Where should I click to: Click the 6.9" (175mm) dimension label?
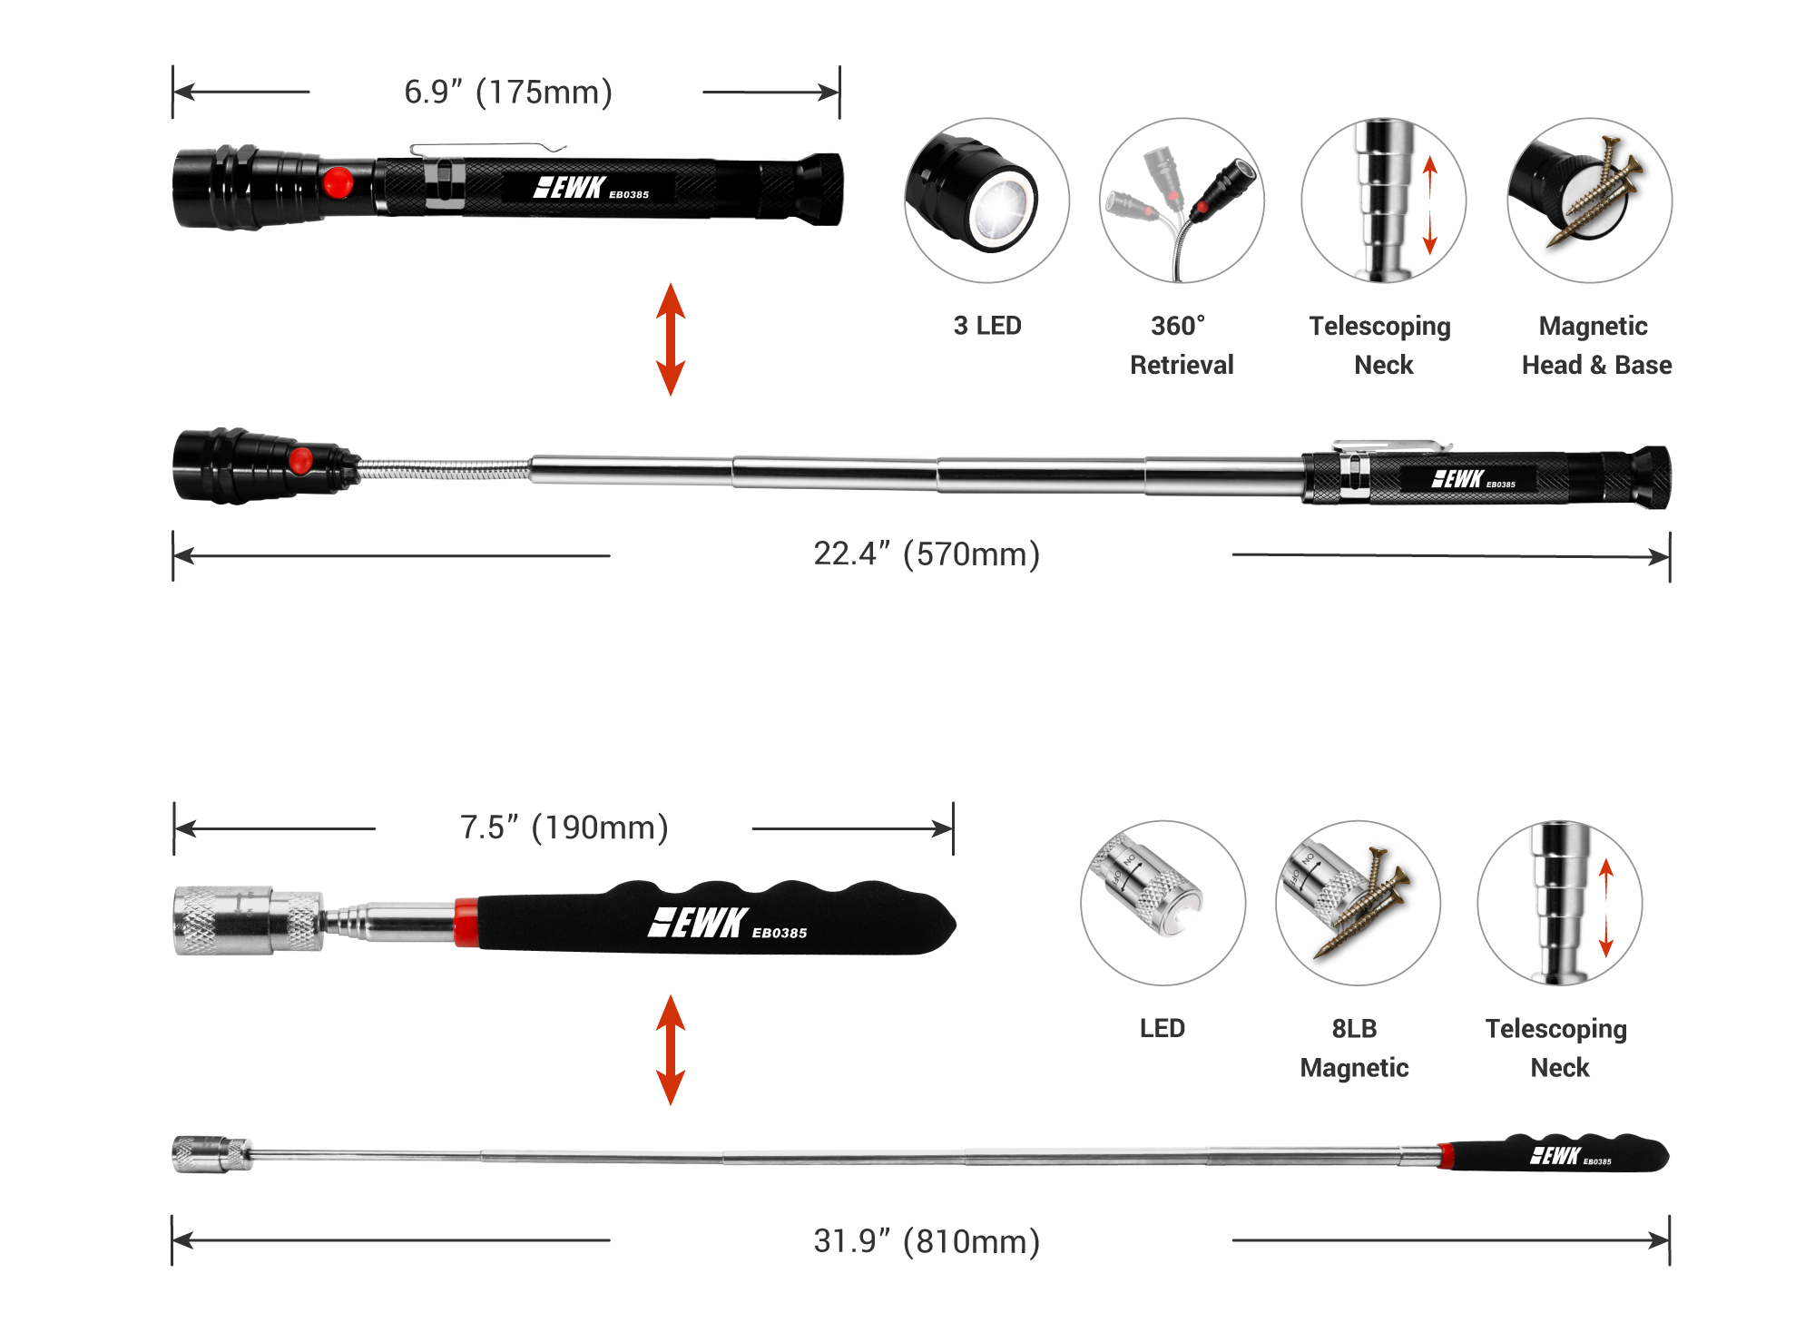point(507,92)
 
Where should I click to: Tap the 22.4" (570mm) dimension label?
point(926,553)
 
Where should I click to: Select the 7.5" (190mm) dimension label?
point(564,828)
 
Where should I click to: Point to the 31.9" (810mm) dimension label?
point(926,1240)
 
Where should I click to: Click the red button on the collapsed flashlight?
point(338,182)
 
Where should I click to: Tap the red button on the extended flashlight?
point(300,460)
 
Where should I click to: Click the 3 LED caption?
point(987,326)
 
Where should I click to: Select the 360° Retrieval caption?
point(1181,345)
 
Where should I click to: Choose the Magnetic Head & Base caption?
point(1595,345)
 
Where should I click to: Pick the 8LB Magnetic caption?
point(1354,1048)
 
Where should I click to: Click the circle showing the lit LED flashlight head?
point(986,200)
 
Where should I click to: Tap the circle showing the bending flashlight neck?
point(1182,200)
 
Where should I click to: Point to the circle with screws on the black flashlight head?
point(1589,200)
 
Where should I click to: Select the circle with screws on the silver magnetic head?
point(1358,903)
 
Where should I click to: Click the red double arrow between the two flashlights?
point(671,339)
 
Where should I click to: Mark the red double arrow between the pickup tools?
point(671,1050)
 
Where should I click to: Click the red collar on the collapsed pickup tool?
point(466,923)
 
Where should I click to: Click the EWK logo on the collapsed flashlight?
point(569,188)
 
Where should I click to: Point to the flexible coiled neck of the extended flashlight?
point(445,469)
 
